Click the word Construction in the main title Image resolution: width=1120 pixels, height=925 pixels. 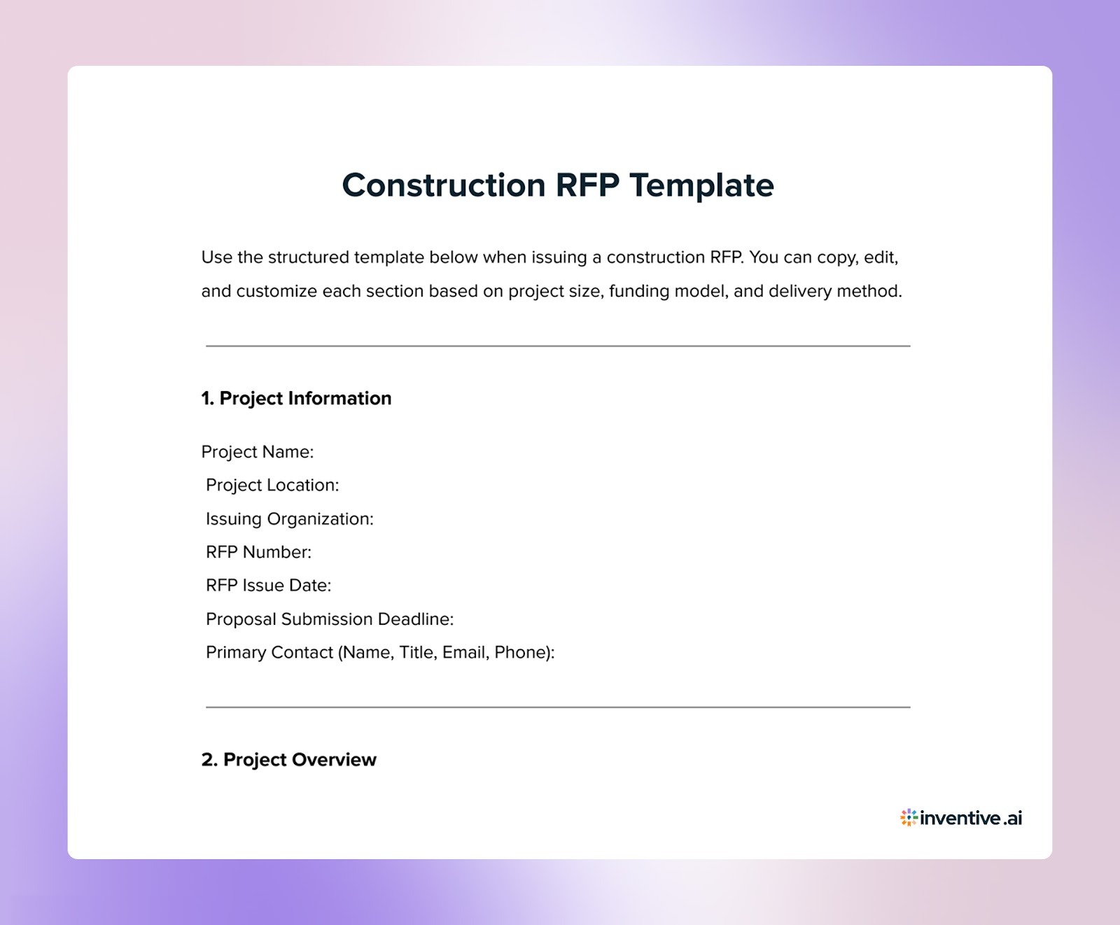click(443, 185)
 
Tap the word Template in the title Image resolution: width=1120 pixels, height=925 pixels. click(701, 185)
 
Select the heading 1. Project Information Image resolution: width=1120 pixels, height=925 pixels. click(296, 398)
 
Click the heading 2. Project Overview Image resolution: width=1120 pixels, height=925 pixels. click(288, 760)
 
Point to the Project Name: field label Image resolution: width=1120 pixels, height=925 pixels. click(258, 452)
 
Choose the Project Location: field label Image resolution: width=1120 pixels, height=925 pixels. click(272, 486)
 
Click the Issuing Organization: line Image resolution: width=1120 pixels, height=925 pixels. click(290, 519)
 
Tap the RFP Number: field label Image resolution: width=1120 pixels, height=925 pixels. click(258, 552)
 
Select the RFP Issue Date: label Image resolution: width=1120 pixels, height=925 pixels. click(268, 586)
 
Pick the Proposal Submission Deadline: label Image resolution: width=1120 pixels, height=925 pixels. click(330, 619)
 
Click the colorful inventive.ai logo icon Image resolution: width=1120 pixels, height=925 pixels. click(909, 817)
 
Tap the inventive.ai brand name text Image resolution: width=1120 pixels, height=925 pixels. click(972, 818)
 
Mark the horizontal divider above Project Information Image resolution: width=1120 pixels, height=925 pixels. click(558, 346)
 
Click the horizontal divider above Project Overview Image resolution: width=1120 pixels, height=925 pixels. click(558, 707)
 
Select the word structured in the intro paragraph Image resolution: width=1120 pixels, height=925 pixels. click(309, 257)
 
